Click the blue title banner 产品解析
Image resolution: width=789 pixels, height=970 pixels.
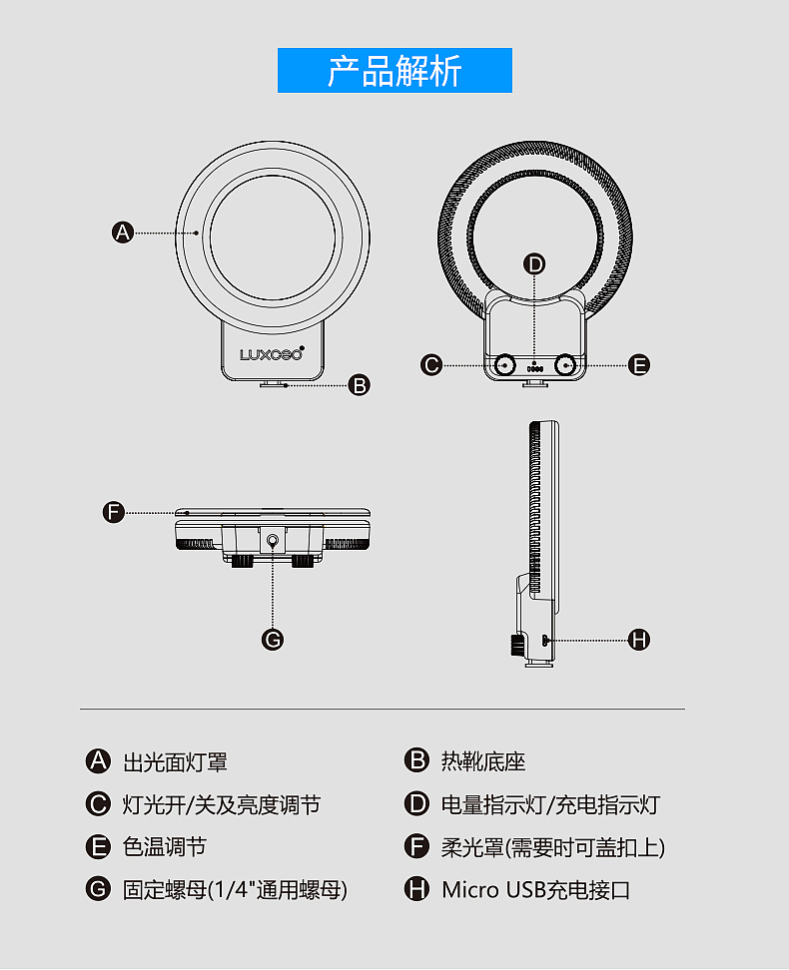394,71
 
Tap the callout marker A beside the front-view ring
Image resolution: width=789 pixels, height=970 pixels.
123,233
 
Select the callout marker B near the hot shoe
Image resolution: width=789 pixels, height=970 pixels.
360,385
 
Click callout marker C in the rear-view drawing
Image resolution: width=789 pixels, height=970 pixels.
431,364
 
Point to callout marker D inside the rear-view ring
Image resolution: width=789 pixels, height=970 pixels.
534,264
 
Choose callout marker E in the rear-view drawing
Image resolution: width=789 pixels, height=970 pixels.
639,364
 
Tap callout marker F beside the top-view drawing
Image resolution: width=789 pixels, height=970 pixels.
114,512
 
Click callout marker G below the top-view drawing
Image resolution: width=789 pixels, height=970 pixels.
273,639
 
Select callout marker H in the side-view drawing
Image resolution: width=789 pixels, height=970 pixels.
639,639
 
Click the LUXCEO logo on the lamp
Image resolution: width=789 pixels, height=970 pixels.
272,354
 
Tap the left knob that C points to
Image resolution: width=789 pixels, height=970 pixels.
505,365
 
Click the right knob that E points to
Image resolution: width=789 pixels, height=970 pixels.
565,365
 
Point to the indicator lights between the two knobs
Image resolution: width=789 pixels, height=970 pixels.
534,368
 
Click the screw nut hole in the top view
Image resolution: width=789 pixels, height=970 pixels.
273,542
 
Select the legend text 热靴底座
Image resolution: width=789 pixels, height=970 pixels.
483,761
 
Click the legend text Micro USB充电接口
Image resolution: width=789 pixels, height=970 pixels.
535,890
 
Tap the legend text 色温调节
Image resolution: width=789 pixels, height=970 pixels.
164,847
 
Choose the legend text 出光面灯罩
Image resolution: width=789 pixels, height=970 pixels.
175,762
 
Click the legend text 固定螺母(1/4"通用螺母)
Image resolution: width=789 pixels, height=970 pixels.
235,890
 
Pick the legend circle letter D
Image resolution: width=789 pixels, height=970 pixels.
416,803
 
